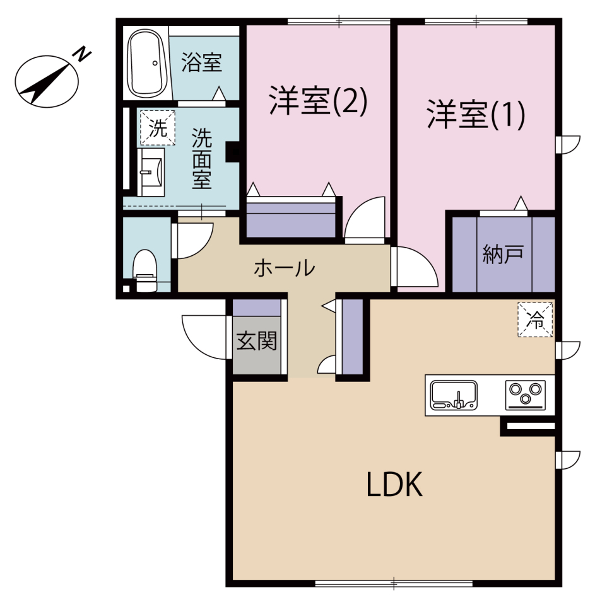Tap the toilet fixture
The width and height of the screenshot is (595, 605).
tap(145, 270)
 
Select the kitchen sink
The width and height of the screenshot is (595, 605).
tap(454, 395)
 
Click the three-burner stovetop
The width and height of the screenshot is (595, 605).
tap(526, 395)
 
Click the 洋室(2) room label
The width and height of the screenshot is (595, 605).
tap(317, 101)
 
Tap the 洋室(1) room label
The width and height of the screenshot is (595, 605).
tap(476, 114)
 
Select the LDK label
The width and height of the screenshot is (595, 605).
tap(394, 485)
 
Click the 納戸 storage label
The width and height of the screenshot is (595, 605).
tap(503, 255)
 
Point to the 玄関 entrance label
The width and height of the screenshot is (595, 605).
tap(257, 341)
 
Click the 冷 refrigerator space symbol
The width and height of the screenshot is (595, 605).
tap(535, 320)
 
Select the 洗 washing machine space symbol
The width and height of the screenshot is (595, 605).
tap(158, 128)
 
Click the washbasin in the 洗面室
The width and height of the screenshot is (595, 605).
tap(151, 172)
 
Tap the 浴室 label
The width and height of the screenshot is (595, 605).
tap(202, 63)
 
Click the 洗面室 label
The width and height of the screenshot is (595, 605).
tap(202, 159)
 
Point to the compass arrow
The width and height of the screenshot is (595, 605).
tap(46, 84)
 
